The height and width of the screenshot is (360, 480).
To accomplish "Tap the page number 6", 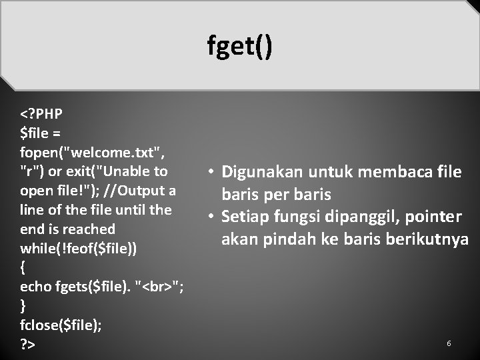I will [449, 343].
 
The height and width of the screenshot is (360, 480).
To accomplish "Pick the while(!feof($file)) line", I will [79, 249].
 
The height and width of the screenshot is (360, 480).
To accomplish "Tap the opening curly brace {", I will [24, 268].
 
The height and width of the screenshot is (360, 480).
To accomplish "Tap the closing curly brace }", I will [24, 306].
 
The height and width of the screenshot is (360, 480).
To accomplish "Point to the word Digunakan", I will [262, 173].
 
